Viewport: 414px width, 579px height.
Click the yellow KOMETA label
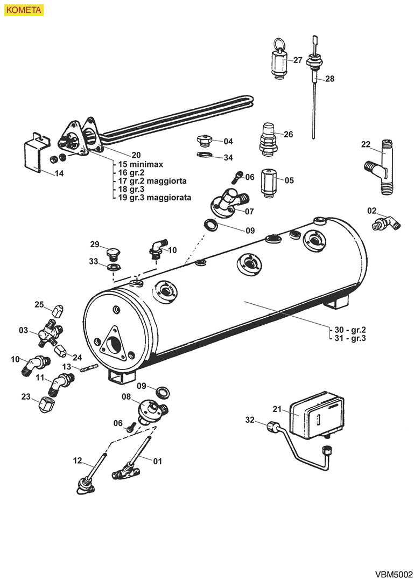(x=22, y=10)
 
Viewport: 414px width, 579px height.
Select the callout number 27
(x=298, y=60)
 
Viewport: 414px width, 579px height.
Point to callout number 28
(x=329, y=79)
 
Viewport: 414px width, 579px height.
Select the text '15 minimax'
(x=142, y=164)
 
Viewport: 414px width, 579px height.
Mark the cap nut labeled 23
(x=47, y=402)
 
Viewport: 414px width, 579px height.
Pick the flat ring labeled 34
(x=204, y=156)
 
